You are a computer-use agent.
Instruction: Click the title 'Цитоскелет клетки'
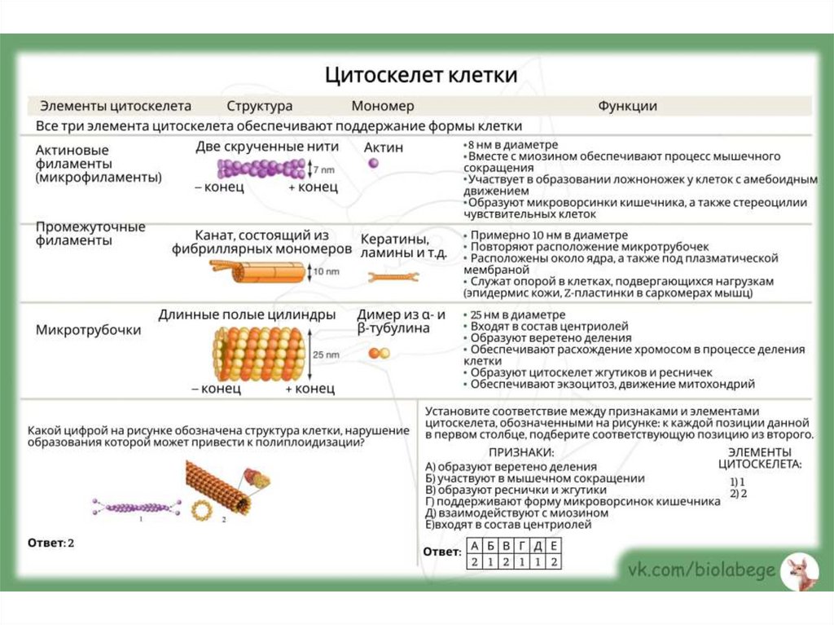pos(421,76)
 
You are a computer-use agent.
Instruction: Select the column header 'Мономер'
pos(383,106)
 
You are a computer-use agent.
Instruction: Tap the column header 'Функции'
pos(627,106)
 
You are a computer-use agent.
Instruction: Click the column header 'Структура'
pos(260,106)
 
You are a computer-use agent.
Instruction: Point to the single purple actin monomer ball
pos(374,164)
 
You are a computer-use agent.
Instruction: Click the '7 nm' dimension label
pos(324,171)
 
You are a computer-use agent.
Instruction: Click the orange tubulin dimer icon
pos(379,353)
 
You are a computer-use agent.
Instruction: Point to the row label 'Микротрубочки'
pos(89,331)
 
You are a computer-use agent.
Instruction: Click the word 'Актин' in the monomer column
pos(383,147)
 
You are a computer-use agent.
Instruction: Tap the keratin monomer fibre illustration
pos(393,278)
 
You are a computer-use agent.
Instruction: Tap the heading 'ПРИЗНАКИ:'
pos(521,451)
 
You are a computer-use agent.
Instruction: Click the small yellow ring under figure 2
pos(200,511)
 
